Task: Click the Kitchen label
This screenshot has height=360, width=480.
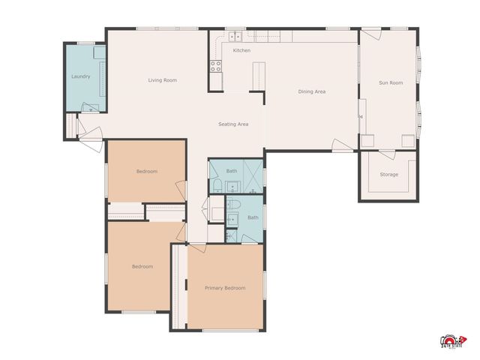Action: [241, 50]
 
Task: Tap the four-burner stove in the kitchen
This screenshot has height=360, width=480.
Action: [215, 64]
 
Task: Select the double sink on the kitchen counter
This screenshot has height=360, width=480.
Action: [234, 35]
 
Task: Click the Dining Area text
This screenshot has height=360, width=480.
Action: [311, 91]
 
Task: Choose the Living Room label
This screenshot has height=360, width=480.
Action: [162, 80]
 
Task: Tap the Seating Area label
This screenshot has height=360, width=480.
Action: [232, 124]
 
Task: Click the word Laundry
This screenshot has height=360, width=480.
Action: [80, 76]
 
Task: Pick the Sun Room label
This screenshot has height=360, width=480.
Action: [390, 82]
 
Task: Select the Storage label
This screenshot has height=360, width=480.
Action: [388, 175]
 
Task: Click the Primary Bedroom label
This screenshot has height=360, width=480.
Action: [225, 287]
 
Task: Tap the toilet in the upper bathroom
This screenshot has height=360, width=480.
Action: [215, 185]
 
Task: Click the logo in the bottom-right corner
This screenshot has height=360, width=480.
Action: [452, 341]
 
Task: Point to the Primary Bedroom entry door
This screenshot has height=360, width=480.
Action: [196, 247]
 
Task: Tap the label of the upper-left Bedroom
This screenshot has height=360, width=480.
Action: [146, 171]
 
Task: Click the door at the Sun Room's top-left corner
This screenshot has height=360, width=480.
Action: [371, 34]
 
